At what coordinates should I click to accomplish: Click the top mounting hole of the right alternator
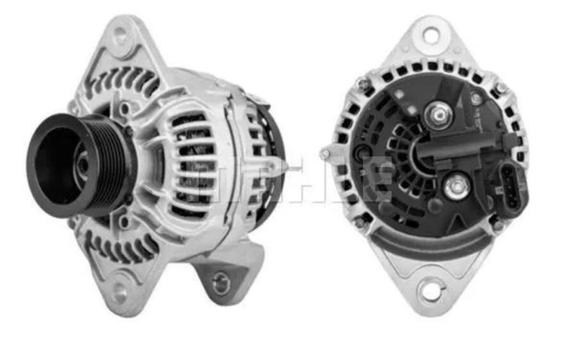431,35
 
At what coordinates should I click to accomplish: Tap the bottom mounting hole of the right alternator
430,292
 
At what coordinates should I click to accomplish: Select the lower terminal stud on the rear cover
454,189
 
